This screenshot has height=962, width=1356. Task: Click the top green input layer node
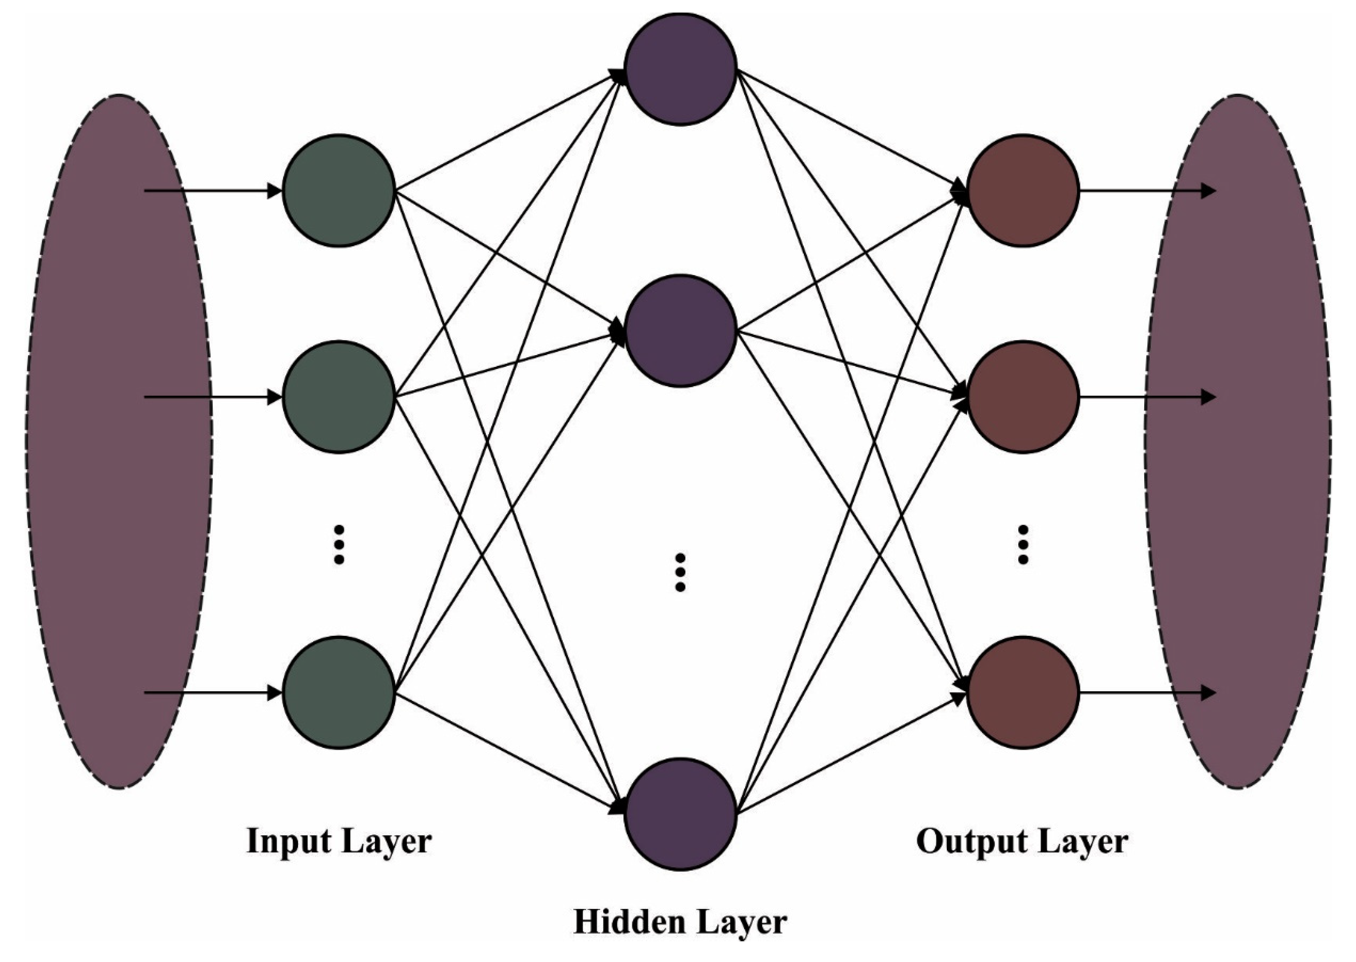[339, 191]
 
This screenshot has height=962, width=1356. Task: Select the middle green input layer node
[339, 397]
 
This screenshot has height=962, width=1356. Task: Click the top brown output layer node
[1023, 191]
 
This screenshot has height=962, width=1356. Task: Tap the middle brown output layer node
[1023, 397]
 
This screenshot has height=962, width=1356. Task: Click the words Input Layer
[339, 841]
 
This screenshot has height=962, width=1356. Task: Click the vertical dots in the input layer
[339, 544]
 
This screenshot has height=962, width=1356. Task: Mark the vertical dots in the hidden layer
[680, 572]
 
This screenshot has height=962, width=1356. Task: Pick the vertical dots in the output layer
[1023, 544]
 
